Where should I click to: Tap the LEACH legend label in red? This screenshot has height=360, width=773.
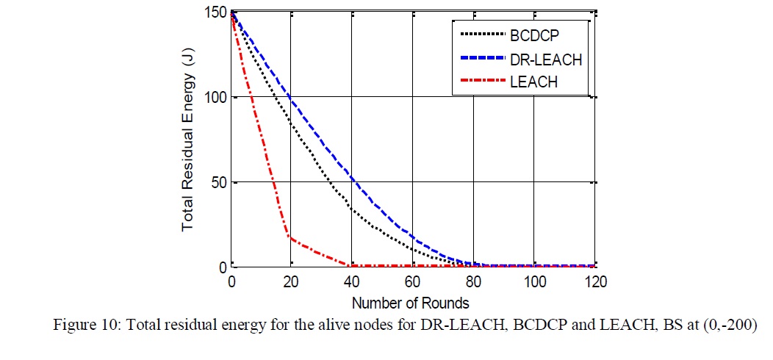[533, 82]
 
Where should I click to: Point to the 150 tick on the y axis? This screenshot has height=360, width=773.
[215, 12]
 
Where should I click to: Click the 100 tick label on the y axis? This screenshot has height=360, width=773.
[215, 97]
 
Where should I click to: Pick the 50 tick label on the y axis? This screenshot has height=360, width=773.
[218, 182]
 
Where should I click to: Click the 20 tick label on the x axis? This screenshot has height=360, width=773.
[291, 282]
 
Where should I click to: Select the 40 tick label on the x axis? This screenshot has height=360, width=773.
[352, 282]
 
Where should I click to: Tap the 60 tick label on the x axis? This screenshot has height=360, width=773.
[413, 282]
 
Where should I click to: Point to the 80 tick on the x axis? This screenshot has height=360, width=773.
[474, 282]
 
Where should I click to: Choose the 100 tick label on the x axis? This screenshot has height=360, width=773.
[534, 282]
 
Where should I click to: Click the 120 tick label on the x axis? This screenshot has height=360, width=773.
[594, 282]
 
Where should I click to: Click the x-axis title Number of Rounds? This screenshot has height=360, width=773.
[410, 302]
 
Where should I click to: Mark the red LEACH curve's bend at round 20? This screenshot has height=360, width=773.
[291, 237]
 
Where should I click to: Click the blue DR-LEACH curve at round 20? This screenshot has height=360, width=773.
[291, 96]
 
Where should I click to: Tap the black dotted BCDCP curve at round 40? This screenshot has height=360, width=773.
[352, 210]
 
